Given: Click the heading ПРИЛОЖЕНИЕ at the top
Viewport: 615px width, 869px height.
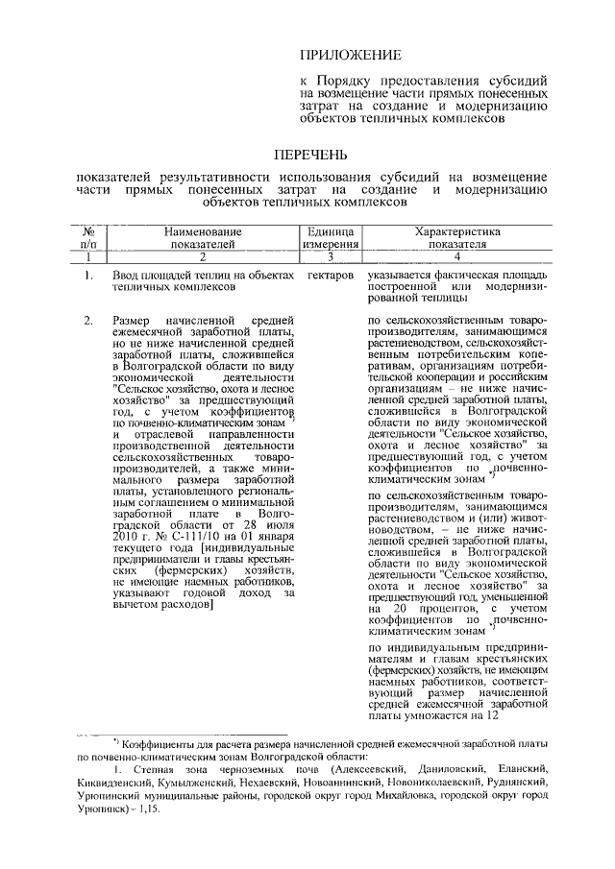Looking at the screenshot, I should [x=348, y=58].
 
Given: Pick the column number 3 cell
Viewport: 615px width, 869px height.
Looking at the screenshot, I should [x=332, y=257].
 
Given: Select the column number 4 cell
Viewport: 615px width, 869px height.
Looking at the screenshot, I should [x=457, y=257].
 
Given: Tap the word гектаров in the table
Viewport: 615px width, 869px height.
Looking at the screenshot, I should [x=332, y=277].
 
